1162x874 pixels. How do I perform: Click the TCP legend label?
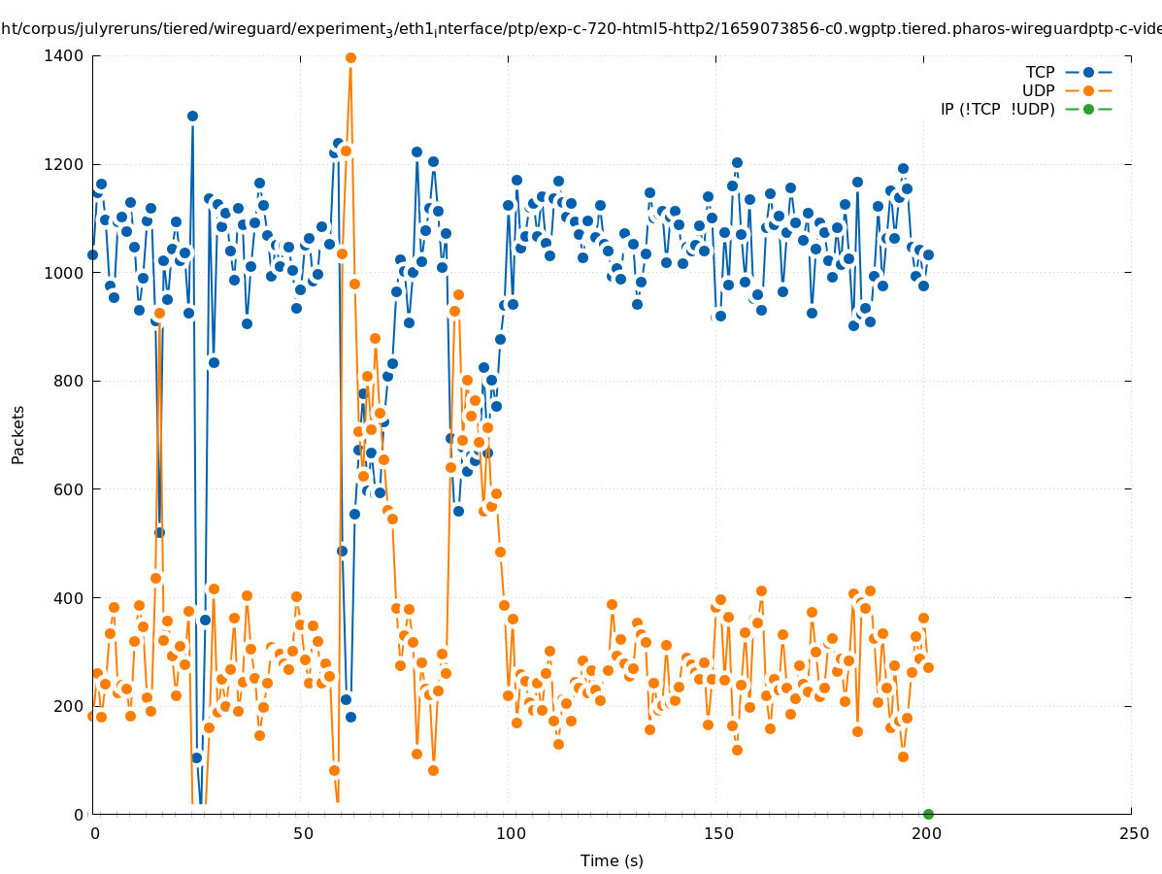pyautogui.click(x=1040, y=73)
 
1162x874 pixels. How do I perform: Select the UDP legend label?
pyautogui.click(x=1038, y=91)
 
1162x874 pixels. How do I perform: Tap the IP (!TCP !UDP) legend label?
pyautogui.click(x=997, y=110)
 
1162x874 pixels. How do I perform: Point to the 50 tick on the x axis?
pyautogui.click(x=303, y=834)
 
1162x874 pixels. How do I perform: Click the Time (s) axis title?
pyautogui.click(x=612, y=861)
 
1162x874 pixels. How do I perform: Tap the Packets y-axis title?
pyautogui.click(x=18, y=435)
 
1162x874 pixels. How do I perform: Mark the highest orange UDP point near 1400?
pyautogui.click(x=350, y=58)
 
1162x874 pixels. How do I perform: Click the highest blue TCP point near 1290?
pyautogui.click(x=192, y=116)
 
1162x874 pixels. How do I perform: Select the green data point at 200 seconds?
pyautogui.click(x=928, y=814)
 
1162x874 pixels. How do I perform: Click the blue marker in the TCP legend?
pyautogui.click(x=1088, y=73)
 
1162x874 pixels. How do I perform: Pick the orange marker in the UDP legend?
pyautogui.click(x=1088, y=91)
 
